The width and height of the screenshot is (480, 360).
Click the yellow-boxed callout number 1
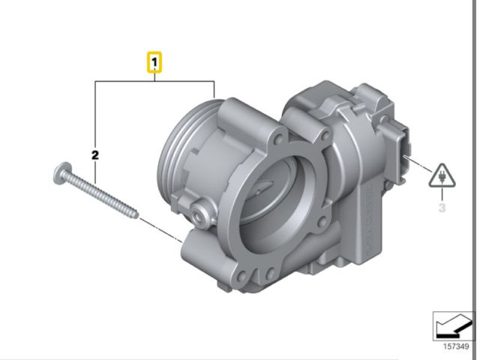(x=154, y=62)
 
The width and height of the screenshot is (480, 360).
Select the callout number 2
(x=95, y=155)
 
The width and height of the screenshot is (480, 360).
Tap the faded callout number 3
(x=442, y=208)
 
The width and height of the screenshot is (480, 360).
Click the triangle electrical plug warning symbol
(x=442, y=176)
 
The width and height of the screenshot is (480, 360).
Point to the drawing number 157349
(x=456, y=346)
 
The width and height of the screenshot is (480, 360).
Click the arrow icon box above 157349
(x=453, y=326)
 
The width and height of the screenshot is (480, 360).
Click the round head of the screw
(x=62, y=173)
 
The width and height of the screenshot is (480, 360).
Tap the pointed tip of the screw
(x=138, y=217)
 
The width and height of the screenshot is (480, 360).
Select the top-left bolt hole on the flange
(x=278, y=139)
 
